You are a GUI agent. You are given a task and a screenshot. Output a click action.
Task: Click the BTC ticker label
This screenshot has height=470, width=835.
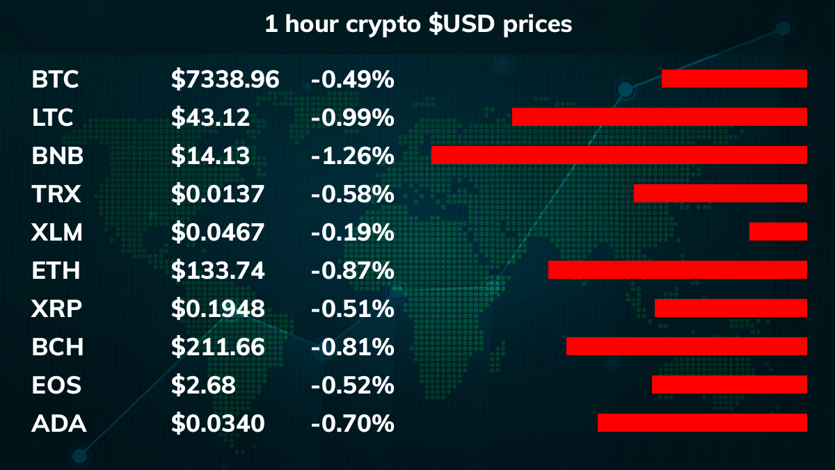point(55,79)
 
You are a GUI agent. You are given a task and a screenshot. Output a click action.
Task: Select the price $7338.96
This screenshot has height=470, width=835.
point(225,79)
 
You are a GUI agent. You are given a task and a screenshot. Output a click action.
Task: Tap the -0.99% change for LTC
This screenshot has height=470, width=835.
point(352,117)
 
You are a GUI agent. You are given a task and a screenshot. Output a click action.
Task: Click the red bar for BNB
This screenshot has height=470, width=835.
point(619,155)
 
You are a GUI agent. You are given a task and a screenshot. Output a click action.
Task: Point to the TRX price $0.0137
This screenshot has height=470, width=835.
point(218,194)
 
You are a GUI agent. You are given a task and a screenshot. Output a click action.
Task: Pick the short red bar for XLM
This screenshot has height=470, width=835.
point(779,232)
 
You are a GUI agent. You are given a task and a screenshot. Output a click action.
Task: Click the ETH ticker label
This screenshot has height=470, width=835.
point(56,270)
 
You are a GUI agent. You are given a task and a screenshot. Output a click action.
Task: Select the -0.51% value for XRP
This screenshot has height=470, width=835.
point(352,309)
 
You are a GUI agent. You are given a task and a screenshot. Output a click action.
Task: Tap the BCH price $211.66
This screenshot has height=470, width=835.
point(218,347)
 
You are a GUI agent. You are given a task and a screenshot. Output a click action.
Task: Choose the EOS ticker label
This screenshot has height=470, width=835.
point(56,385)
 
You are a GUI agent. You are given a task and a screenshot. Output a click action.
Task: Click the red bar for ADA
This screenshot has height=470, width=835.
point(702,423)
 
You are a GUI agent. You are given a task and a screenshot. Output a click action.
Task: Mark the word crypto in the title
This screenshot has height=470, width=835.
point(383,25)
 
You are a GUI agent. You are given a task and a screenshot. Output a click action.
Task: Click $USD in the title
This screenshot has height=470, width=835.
point(461,24)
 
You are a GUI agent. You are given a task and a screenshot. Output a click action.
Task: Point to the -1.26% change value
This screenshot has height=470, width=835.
point(352,156)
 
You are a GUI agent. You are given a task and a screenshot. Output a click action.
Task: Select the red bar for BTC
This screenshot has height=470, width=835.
point(734,79)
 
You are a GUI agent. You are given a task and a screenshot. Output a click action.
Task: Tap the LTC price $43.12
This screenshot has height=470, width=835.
point(210,117)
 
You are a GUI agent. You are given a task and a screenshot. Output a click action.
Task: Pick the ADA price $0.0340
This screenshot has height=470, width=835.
point(218,423)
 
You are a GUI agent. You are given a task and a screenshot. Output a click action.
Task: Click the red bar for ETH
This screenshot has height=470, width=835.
point(678,270)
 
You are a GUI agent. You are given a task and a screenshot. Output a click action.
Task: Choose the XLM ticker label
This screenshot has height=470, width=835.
point(56,232)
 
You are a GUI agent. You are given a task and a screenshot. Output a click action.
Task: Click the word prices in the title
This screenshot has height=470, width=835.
point(537,25)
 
